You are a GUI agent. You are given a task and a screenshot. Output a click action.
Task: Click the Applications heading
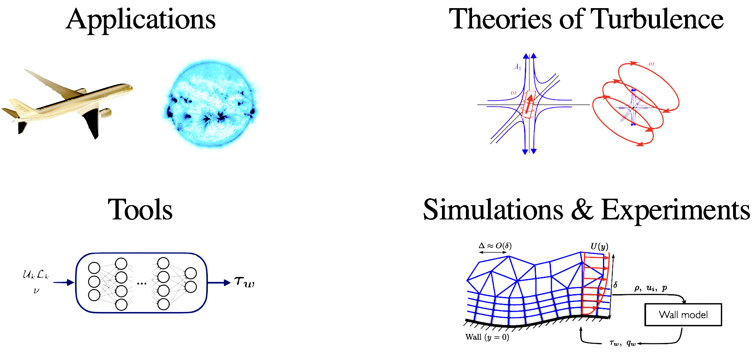(x=141, y=20)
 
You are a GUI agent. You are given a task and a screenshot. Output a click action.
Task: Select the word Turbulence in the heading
(x=657, y=20)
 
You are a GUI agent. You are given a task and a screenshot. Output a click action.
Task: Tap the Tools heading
(x=140, y=210)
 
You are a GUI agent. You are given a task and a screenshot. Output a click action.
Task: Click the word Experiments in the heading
(x=675, y=210)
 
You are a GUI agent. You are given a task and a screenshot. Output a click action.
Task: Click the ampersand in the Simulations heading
(x=582, y=210)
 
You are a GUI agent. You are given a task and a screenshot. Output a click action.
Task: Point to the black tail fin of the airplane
(x=91, y=122)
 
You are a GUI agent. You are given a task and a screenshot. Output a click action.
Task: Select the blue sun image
(x=211, y=104)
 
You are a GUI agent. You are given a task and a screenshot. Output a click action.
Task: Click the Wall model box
(x=683, y=314)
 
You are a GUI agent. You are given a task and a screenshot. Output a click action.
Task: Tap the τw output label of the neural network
(x=244, y=282)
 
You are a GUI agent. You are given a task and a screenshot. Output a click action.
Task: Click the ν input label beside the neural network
(x=36, y=291)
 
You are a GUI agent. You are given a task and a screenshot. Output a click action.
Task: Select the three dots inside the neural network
(x=141, y=283)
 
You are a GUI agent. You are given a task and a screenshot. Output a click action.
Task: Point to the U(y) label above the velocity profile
(x=599, y=247)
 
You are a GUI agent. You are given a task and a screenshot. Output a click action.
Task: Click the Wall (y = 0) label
(x=487, y=337)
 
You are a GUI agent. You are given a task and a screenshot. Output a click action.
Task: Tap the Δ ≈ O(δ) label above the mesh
(x=495, y=245)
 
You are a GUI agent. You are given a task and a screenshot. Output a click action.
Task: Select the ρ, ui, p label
(x=651, y=288)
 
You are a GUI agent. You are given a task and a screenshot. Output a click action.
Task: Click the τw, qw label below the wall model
(x=622, y=343)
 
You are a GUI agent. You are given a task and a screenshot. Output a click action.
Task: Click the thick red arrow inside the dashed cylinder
(x=529, y=104)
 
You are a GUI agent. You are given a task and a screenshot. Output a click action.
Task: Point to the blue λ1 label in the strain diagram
(x=517, y=67)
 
